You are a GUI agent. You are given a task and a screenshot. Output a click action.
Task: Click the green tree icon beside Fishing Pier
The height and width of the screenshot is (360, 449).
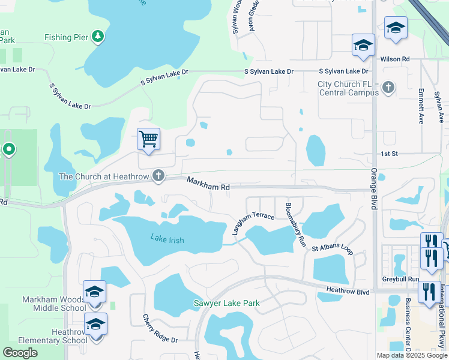(x=98, y=37)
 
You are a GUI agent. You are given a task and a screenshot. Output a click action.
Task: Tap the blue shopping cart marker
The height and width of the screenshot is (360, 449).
(x=148, y=139)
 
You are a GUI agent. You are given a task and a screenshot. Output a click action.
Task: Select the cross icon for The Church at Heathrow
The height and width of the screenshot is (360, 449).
(x=158, y=176)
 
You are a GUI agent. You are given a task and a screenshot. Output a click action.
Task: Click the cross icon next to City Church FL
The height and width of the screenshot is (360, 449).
(x=388, y=88)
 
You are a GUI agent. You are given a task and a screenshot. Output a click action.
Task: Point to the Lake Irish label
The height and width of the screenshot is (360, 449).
(x=167, y=240)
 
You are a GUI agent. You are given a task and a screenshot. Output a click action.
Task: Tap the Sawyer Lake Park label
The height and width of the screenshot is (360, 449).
(x=226, y=303)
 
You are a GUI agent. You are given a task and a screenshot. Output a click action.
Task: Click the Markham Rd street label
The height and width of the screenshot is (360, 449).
(x=208, y=184)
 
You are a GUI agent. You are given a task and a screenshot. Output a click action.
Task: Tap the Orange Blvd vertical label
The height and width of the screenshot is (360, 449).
(x=373, y=188)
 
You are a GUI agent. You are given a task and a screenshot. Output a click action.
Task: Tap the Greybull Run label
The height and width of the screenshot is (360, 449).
(x=400, y=280)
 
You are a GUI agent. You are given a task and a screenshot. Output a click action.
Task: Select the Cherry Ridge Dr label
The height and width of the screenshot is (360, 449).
(x=160, y=329)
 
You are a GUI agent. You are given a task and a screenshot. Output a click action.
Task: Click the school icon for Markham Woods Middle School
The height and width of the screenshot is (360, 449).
(x=95, y=292)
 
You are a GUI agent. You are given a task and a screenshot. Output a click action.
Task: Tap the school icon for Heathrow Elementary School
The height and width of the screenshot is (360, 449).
(x=95, y=325)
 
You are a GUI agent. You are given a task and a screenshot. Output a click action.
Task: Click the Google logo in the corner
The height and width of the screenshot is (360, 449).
(x=20, y=353)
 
